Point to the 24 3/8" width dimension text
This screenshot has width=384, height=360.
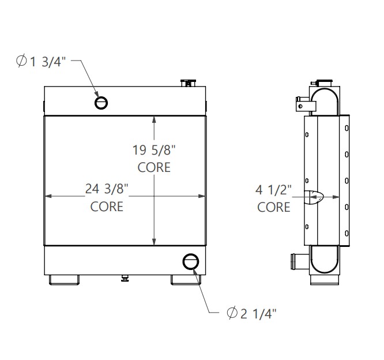[x=107, y=189]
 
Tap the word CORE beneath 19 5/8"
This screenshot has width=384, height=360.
[x=154, y=168]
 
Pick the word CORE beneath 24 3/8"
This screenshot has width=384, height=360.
[x=107, y=206]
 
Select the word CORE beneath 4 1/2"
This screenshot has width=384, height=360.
[x=274, y=207]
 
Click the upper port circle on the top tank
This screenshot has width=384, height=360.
[x=101, y=103]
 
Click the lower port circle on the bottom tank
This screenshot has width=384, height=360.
[x=190, y=262]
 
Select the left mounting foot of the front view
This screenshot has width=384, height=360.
[x=64, y=279]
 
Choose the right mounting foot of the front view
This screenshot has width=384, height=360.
[x=185, y=279]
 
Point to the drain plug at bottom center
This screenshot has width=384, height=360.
[x=125, y=278]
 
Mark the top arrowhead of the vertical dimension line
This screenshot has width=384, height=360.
[x=154, y=119]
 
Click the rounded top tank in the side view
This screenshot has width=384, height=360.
[x=326, y=97]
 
